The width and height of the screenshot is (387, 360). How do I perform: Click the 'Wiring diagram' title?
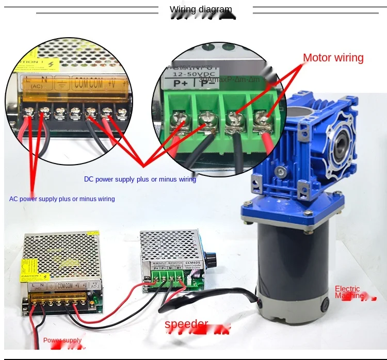coord(201,9)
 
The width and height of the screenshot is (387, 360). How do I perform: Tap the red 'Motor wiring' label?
coord(333,58)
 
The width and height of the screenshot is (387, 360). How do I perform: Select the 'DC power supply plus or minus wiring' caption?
coord(140,179)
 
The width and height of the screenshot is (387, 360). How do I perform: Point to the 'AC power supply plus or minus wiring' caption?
coord(62,199)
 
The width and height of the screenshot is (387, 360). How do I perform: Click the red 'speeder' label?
coord(186,324)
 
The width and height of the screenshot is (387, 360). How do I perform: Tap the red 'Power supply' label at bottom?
coord(62,340)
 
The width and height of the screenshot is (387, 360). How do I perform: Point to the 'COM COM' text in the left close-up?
coord(89,83)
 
